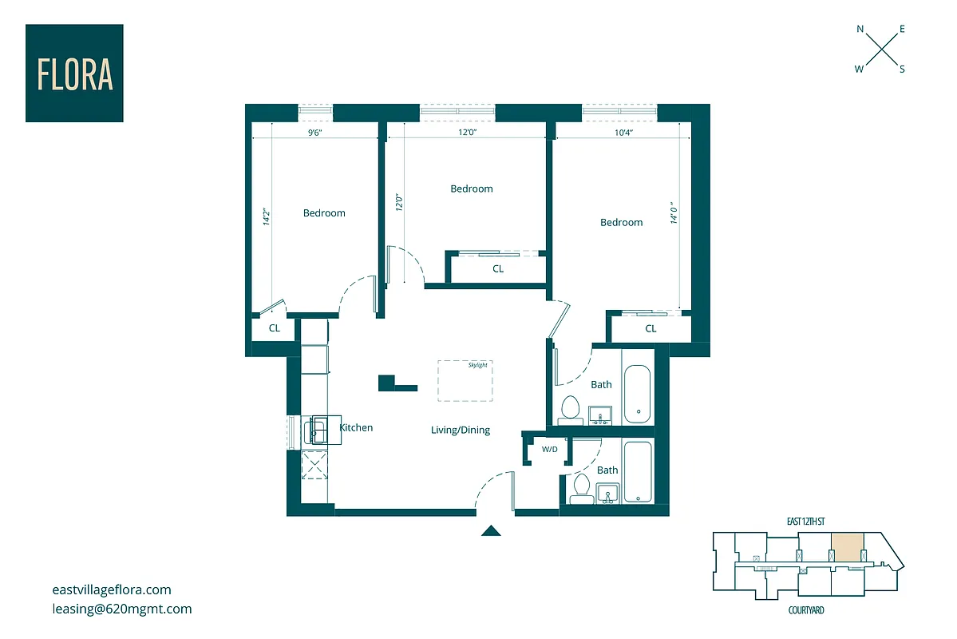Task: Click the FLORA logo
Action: pos(74,73)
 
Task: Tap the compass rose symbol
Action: pos(880,50)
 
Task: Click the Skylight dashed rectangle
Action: pos(465,380)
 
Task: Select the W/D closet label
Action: pos(550,450)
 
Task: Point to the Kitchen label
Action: pos(356,428)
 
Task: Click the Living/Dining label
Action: pos(461,431)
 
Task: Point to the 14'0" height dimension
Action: pos(674,212)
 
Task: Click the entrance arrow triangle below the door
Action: pos(490,530)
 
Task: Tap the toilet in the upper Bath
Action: pos(570,408)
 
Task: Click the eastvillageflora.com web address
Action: pos(111,590)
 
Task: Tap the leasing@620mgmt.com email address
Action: pos(121,609)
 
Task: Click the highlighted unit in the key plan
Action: pos(847,547)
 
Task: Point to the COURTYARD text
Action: pos(805,610)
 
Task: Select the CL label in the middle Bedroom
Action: pos(498,269)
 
